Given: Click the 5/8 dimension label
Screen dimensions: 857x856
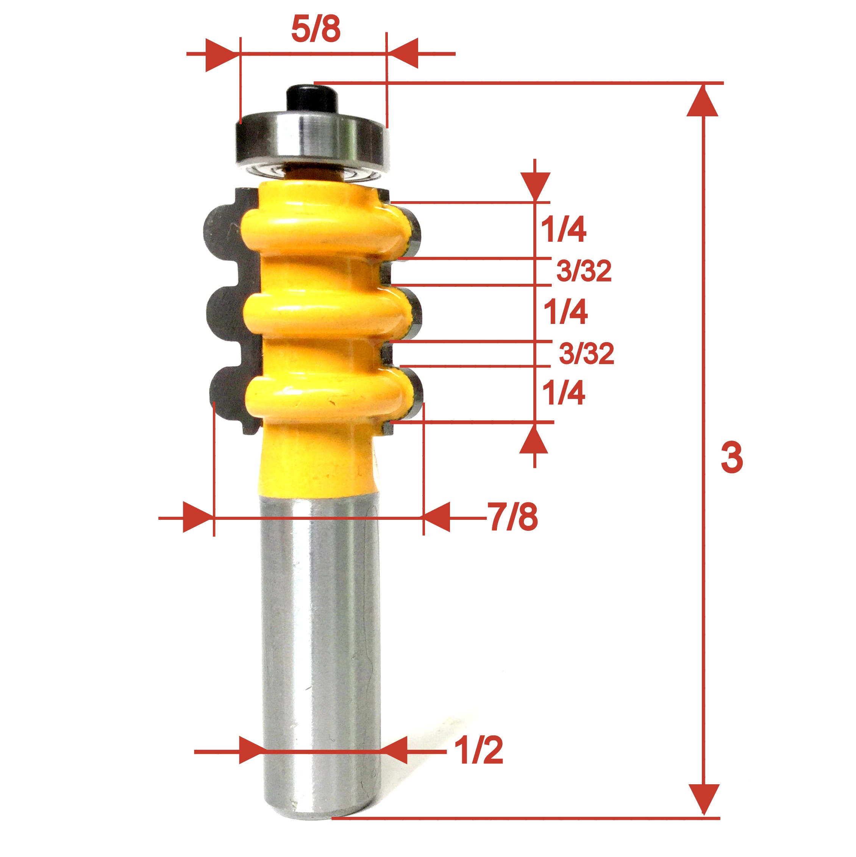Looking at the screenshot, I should pyautogui.click(x=316, y=30).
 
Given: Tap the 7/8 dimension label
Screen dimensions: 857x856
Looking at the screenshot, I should pyautogui.click(x=513, y=517).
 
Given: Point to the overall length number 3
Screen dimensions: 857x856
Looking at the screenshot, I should pyautogui.click(x=731, y=457).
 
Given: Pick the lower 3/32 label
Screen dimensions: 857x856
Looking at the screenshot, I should pyautogui.click(x=586, y=353).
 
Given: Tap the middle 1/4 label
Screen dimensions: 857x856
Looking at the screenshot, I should pyautogui.click(x=565, y=312).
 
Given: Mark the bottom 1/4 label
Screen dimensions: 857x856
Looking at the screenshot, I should pyautogui.click(x=563, y=393).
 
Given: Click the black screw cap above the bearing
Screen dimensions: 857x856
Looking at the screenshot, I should pyautogui.click(x=311, y=99).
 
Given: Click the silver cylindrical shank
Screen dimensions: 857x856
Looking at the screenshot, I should pyautogui.click(x=322, y=643).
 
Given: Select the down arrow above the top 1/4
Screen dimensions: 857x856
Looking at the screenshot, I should pyautogui.click(x=535, y=185).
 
